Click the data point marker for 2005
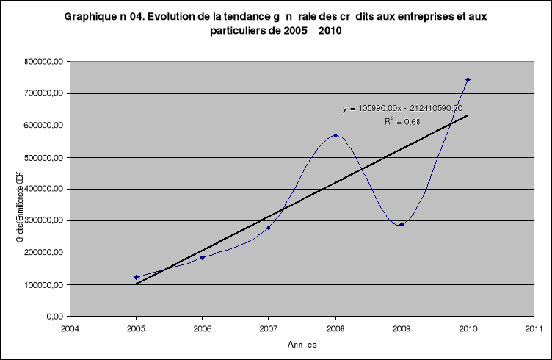point(136,277)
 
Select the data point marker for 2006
point(202,258)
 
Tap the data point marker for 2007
point(269,228)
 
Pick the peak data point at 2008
point(335,135)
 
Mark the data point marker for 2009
point(402,225)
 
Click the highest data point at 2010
point(468,79)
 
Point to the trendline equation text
point(402,108)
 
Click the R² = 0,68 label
point(402,121)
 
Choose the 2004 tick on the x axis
point(70,329)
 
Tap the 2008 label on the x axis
point(335,329)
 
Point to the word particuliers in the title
point(240,32)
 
